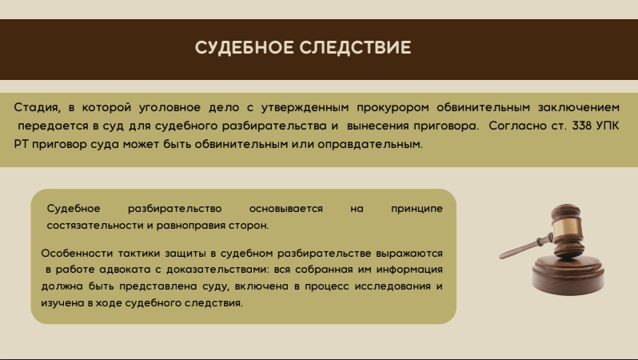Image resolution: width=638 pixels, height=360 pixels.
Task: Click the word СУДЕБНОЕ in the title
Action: point(244,47)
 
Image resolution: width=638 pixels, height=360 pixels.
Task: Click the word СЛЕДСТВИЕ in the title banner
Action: point(355,47)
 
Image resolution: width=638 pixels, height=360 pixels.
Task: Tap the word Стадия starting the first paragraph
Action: point(37,108)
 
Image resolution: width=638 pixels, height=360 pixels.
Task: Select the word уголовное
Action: point(169,108)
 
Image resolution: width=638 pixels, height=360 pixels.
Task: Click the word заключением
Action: point(579,107)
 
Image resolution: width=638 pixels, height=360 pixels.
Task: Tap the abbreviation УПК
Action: point(608,126)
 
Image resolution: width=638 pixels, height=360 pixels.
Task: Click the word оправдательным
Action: point(370,144)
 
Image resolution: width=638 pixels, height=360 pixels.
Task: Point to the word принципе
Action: point(417,209)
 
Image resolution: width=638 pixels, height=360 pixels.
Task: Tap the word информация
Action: point(409,270)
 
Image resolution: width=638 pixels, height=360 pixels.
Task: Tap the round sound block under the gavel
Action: point(568,275)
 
